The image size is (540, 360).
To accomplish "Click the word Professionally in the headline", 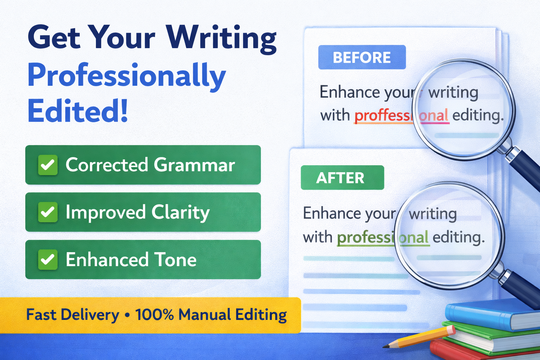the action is [x=127, y=76].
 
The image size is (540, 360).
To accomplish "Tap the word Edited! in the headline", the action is [x=78, y=111].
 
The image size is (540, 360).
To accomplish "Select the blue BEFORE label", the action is [x=362, y=57].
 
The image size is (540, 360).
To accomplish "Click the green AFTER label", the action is [x=342, y=178].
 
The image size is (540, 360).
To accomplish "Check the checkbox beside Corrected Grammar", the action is [x=48, y=165].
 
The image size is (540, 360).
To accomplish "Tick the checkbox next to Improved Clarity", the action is [x=48, y=212].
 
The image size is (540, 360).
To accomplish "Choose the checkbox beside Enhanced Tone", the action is [x=48, y=260].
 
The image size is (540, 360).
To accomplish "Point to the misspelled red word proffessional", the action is [x=401, y=116].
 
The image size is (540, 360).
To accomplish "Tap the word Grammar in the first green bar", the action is [x=194, y=165].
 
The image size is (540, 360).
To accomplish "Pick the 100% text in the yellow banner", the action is [x=155, y=314].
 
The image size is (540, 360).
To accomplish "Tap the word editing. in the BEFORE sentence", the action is [x=478, y=116].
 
